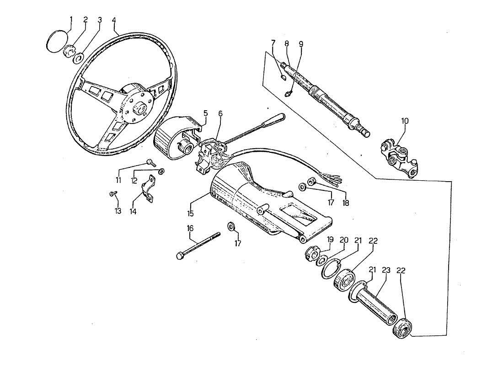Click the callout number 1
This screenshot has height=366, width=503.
click(x=71, y=19)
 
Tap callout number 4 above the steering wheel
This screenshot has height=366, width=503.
click(x=113, y=21)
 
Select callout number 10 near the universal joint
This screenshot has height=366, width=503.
click(x=405, y=121)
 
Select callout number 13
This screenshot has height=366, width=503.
click(x=118, y=211)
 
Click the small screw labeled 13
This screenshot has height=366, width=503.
click(x=112, y=194)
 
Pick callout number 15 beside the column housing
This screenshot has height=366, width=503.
click(x=190, y=213)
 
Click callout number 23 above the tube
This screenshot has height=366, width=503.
click(x=386, y=270)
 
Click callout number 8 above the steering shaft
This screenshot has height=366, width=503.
click(x=287, y=44)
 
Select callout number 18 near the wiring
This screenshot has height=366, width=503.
click(x=346, y=202)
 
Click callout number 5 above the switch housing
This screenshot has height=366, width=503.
click(x=205, y=113)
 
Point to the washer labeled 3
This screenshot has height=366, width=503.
click(x=78, y=59)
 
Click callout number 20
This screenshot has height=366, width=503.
click(x=344, y=240)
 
